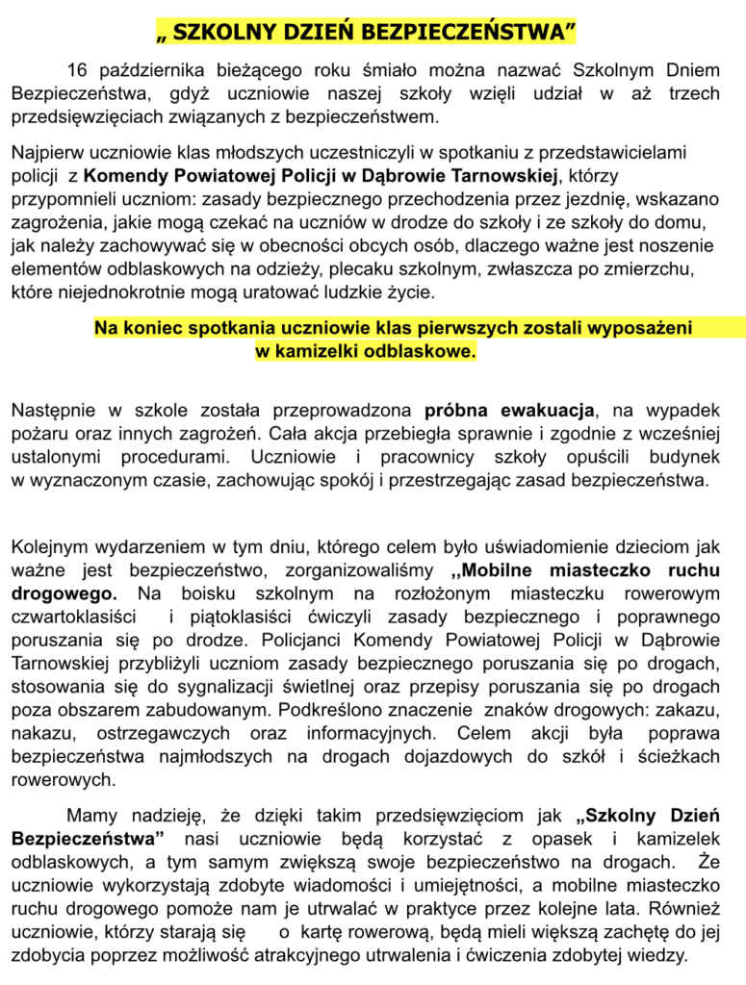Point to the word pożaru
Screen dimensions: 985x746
point(37,433)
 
